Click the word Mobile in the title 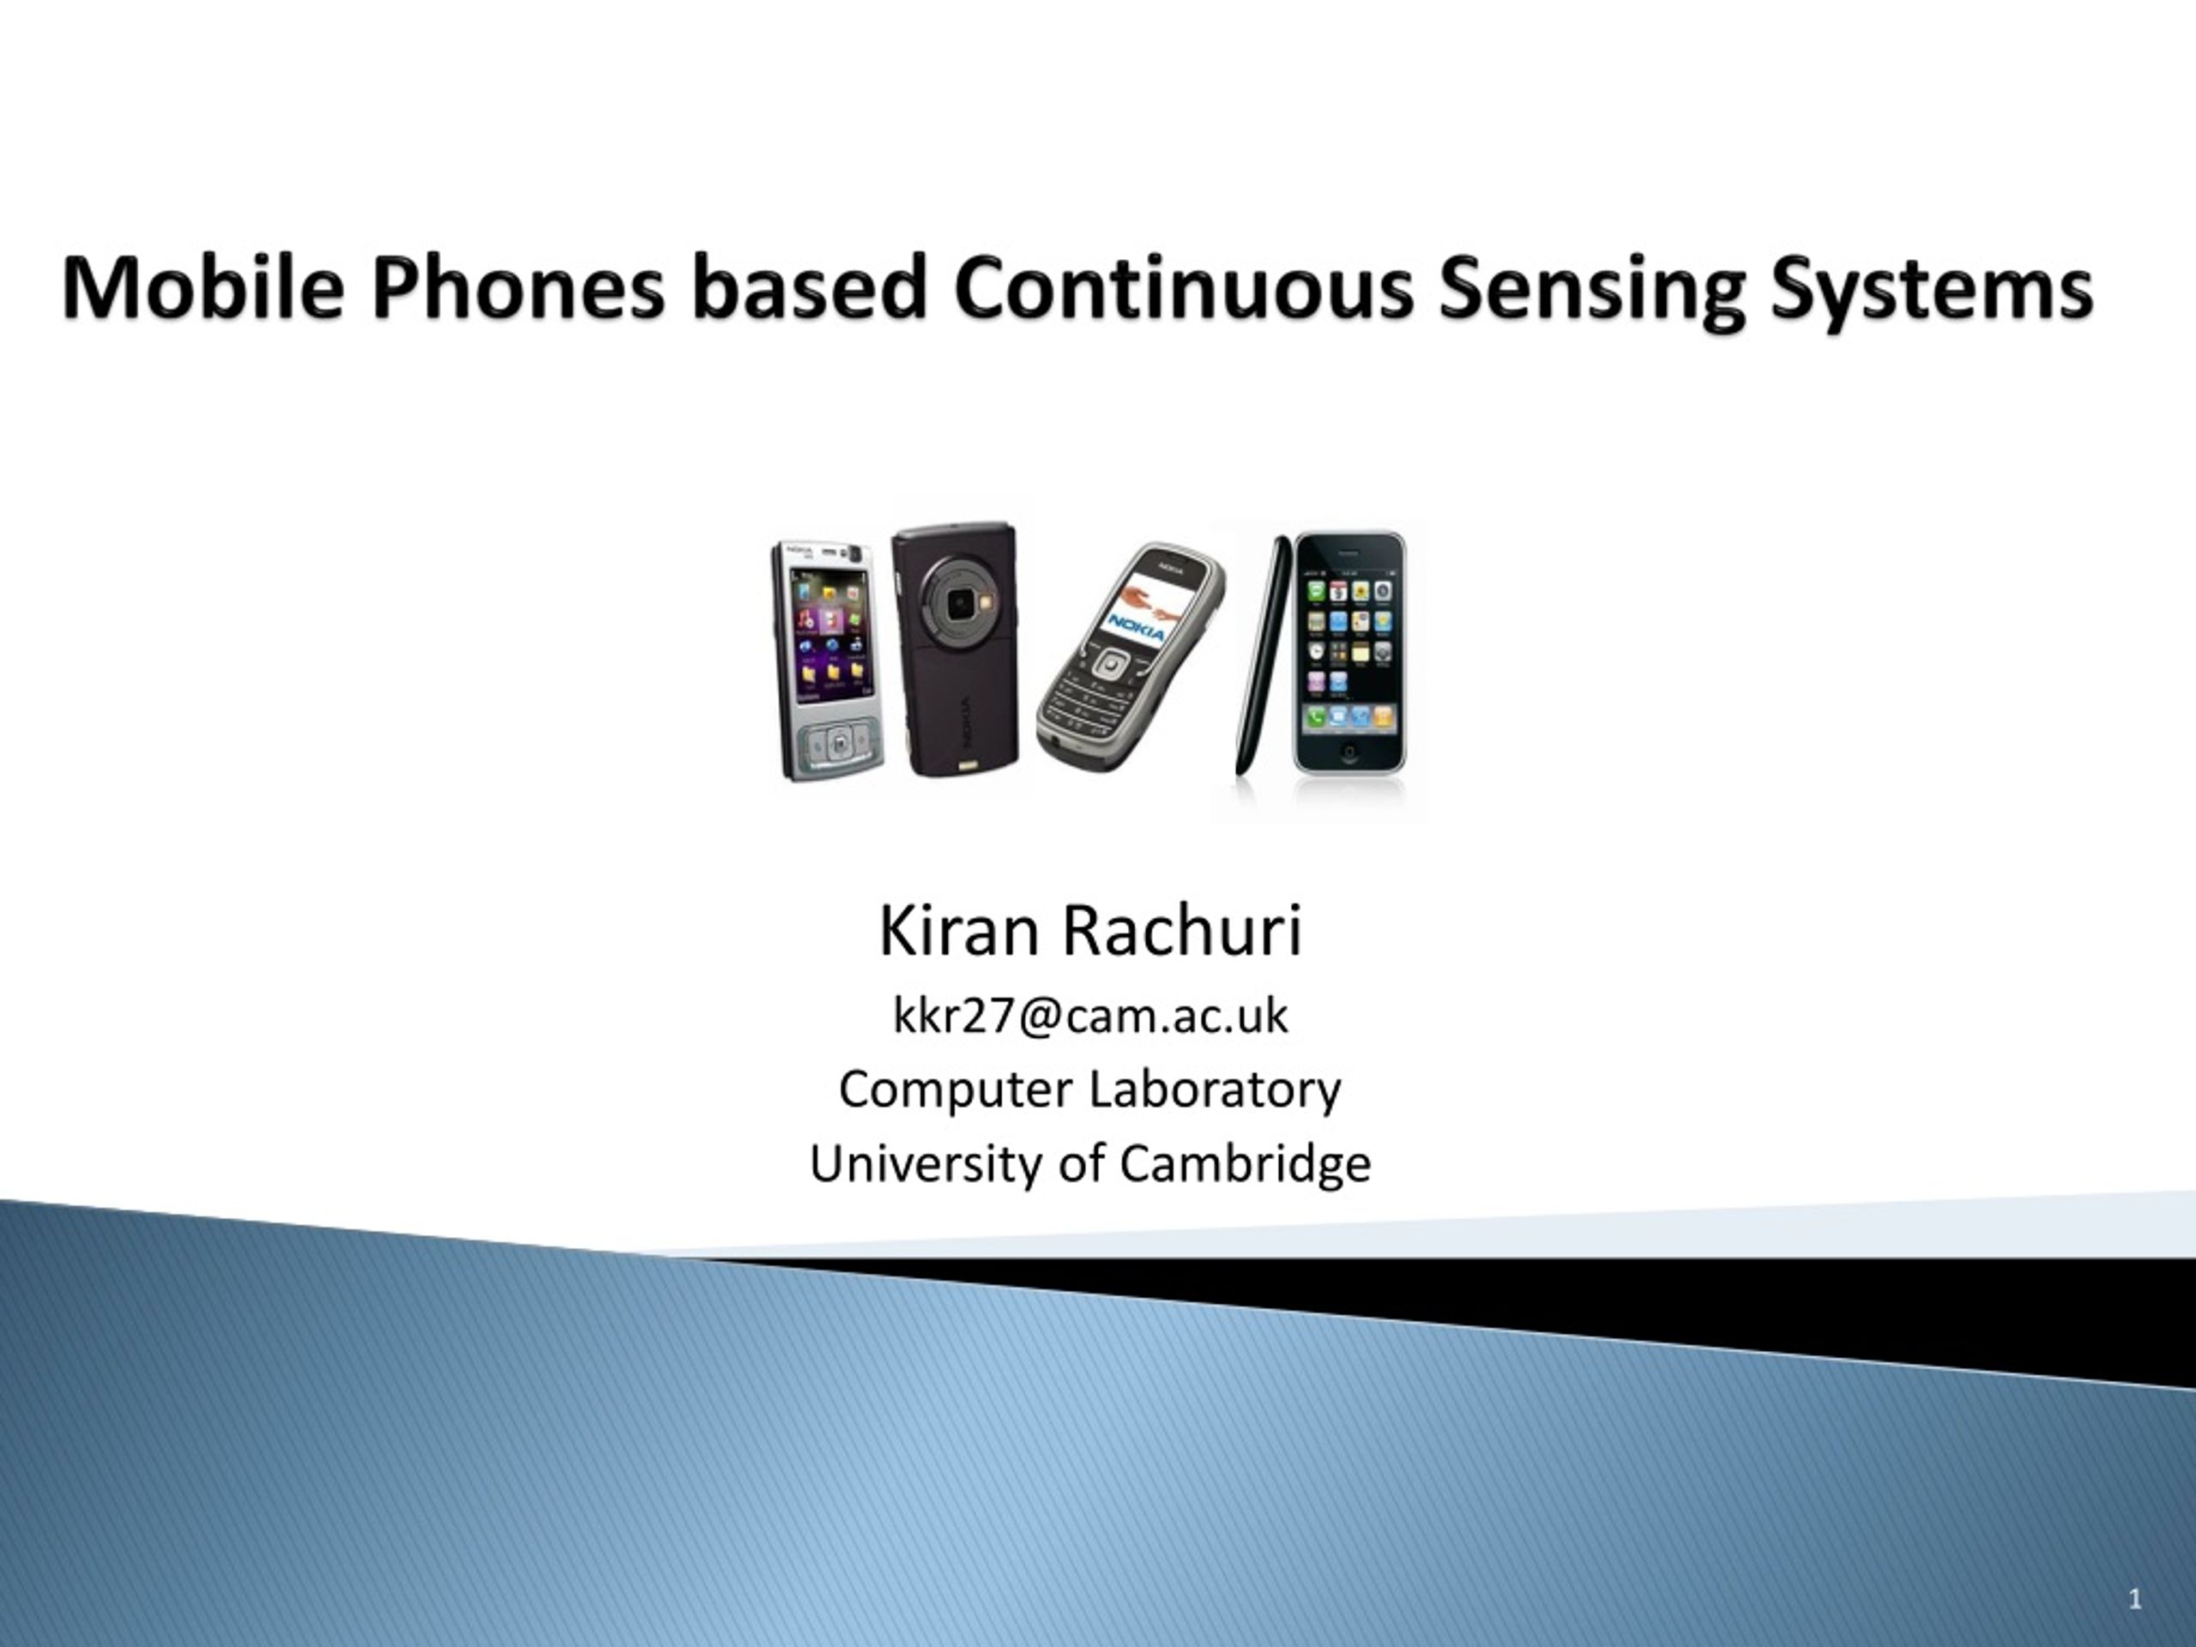click(203, 288)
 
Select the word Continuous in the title click(1182, 288)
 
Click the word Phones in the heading click(517, 288)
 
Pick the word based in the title click(809, 288)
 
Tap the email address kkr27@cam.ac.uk click(1090, 1016)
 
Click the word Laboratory click(1216, 1090)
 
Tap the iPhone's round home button click(1349, 751)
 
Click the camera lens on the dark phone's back click(957, 602)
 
